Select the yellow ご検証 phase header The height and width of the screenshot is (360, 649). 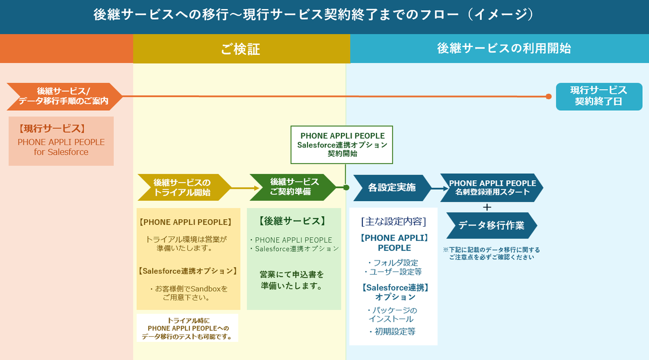(x=241, y=49)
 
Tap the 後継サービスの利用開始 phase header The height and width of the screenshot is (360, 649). (x=503, y=49)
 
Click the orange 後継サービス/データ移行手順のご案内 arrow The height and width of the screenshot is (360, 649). (x=63, y=97)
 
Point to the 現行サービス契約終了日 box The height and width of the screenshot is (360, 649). (x=599, y=97)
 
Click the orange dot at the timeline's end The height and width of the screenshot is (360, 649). (x=548, y=97)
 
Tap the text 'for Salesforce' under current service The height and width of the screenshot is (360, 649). (x=61, y=152)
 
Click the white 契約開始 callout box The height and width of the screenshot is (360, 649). (x=342, y=145)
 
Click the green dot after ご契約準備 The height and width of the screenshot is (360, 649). (x=346, y=187)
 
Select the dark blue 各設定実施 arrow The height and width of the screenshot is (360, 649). (x=392, y=188)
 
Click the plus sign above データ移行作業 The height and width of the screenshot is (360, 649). (x=487, y=207)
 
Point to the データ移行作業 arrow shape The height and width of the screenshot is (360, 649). (x=491, y=225)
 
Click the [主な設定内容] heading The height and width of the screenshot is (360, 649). (x=393, y=222)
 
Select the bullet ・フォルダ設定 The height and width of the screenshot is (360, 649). (x=392, y=262)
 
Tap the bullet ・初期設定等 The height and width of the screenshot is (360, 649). (x=392, y=332)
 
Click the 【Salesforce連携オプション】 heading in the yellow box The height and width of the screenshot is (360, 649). (x=188, y=271)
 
